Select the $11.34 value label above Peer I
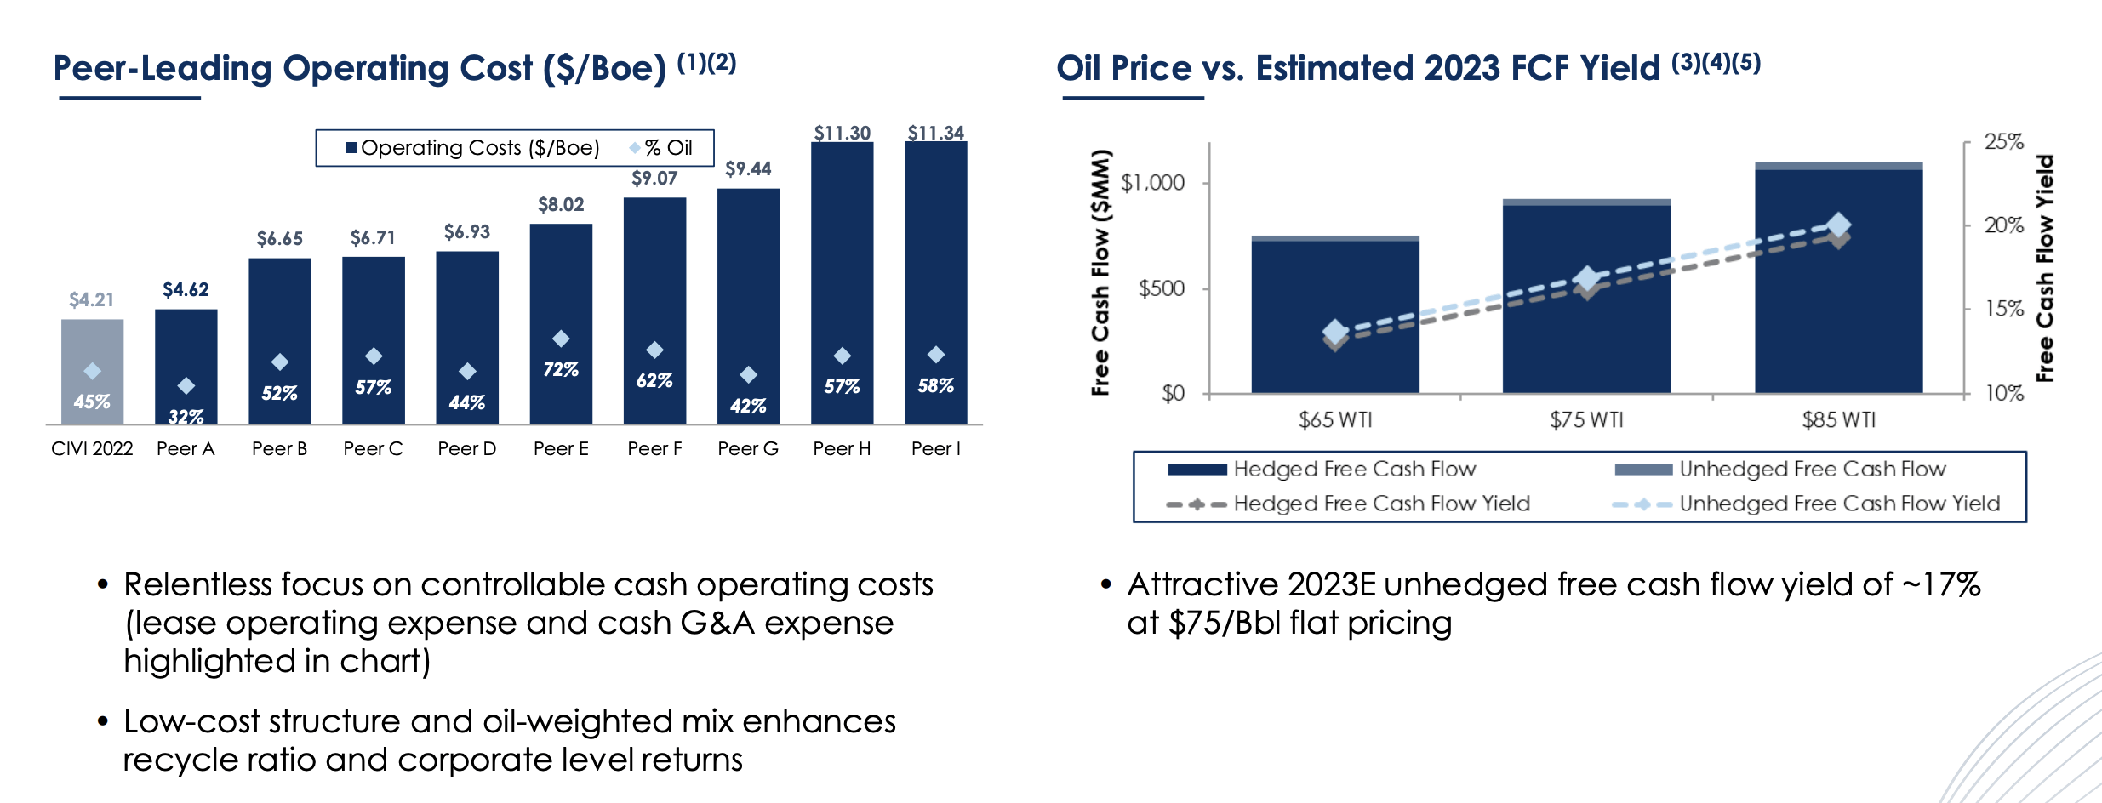(x=935, y=133)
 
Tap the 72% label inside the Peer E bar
(x=561, y=369)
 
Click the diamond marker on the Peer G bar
(x=748, y=374)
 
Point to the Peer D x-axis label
(x=466, y=448)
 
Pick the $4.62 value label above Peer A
(x=186, y=289)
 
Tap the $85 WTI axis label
(x=1838, y=419)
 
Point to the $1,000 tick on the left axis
(x=1152, y=183)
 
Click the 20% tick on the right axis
(x=2003, y=225)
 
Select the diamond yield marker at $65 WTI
(x=1335, y=332)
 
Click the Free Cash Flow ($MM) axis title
(x=1101, y=272)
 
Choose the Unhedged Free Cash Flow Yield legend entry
(x=1838, y=504)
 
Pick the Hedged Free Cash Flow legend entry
(x=1353, y=469)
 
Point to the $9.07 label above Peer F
(x=654, y=178)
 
